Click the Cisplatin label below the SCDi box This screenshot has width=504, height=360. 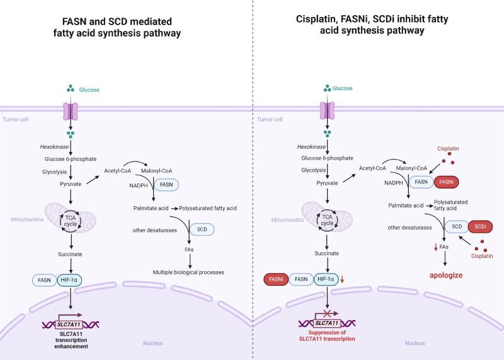click(x=483, y=256)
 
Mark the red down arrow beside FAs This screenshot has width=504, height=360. click(x=434, y=248)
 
